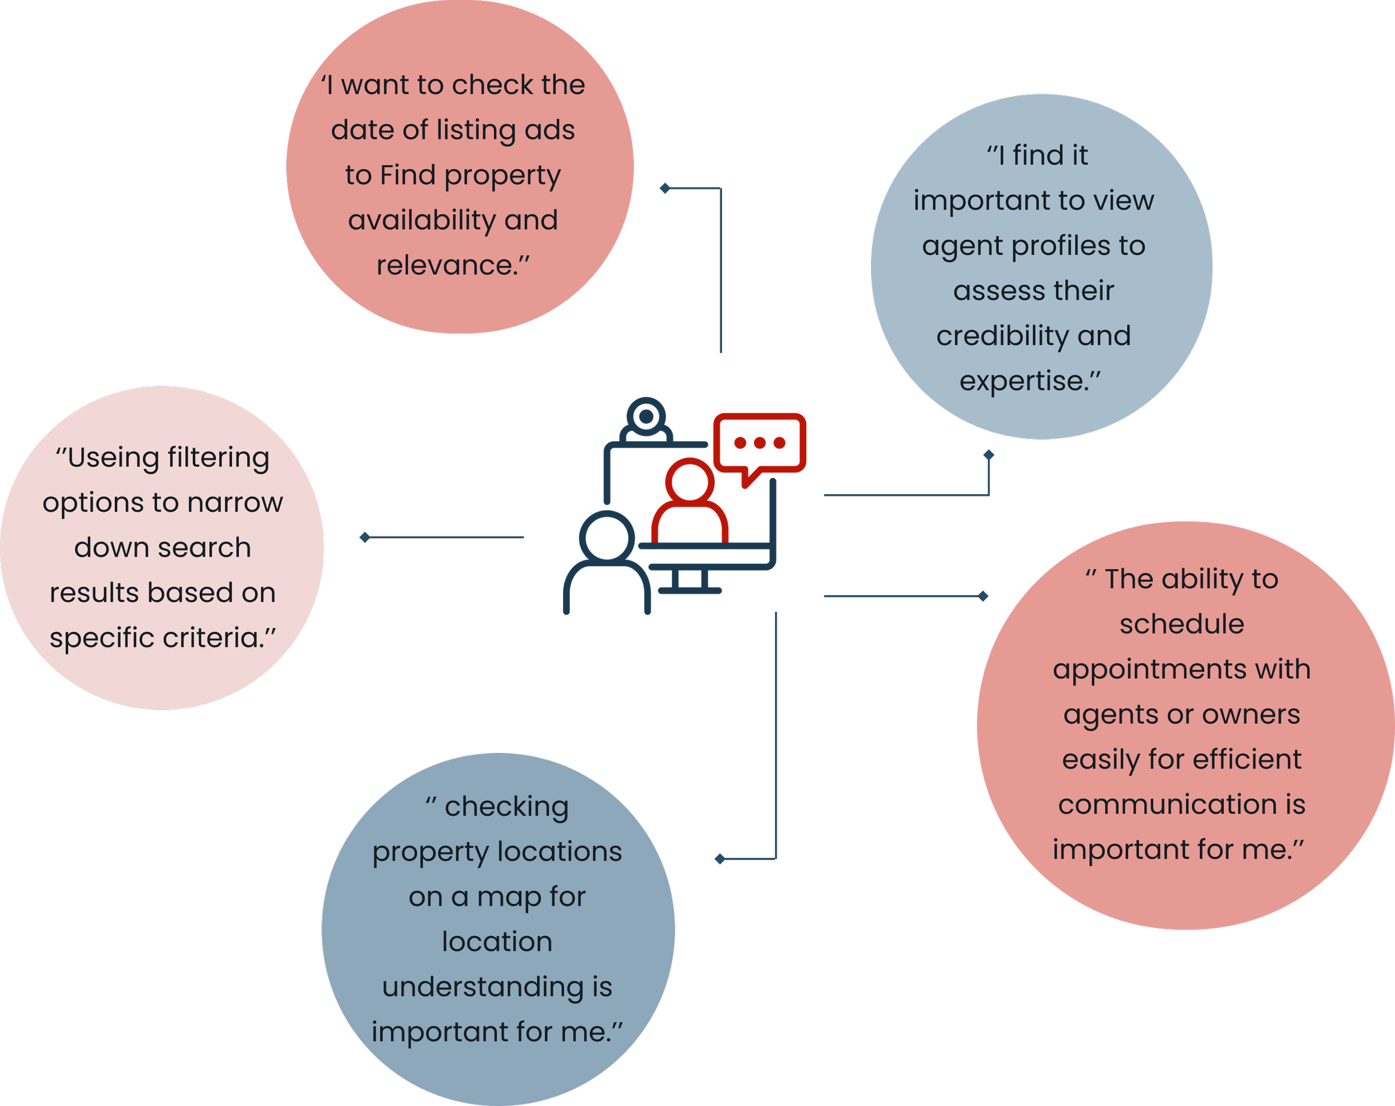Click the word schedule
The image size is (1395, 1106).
click(1181, 625)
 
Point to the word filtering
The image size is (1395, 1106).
click(218, 458)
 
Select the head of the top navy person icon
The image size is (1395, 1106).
click(646, 417)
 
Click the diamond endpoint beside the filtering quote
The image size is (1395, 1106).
click(365, 538)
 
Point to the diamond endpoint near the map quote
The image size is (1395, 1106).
click(720, 859)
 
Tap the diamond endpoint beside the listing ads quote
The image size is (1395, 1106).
click(665, 188)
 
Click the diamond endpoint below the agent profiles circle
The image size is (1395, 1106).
click(988, 455)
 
